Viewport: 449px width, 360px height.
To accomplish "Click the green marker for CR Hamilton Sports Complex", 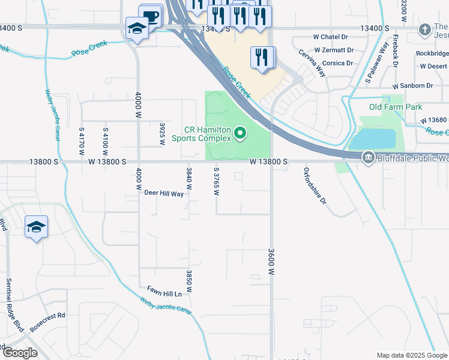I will tap(240, 133).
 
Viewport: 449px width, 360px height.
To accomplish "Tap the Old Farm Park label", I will tap(396, 107).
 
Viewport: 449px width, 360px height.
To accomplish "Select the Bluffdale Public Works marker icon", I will tap(368, 157).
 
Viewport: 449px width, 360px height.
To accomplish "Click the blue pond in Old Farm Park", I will tap(372, 140).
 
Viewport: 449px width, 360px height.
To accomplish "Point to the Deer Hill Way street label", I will tap(164, 193).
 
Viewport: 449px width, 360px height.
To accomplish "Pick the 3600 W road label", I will tap(271, 262).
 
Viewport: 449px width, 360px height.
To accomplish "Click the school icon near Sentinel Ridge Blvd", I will tap(36, 227).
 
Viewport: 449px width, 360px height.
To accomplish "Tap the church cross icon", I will tap(425, 29).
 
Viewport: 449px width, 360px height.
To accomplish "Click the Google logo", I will tap(20, 353).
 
